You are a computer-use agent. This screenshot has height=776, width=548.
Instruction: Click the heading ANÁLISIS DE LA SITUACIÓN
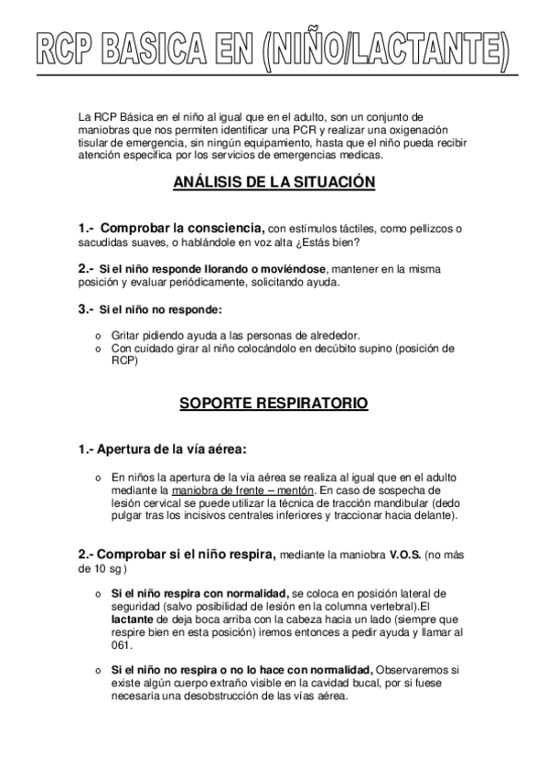(274, 182)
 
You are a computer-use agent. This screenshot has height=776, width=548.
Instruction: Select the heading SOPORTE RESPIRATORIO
(274, 402)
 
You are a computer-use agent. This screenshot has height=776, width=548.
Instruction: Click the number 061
(121, 644)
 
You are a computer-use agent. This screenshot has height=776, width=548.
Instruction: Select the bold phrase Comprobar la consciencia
(182, 228)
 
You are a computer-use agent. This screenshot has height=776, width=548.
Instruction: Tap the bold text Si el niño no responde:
(161, 310)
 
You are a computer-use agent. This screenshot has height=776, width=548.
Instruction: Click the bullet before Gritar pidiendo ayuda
(98, 335)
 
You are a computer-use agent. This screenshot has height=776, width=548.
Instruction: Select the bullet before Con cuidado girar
(98, 349)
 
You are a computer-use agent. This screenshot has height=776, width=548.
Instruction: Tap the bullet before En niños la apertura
(98, 478)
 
